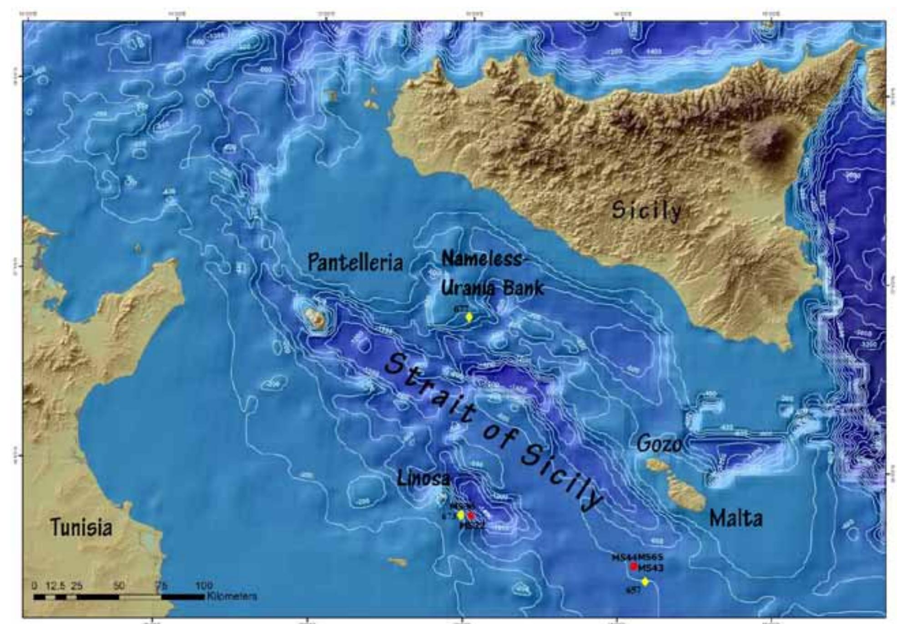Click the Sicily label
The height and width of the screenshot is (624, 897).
tap(646, 210)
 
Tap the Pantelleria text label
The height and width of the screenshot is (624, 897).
tap(355, 263)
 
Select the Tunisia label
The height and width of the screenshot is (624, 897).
tap(81, 527)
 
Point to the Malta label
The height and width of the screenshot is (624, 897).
tap(736, 518)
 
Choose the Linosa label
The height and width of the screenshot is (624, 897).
tap(423, 478)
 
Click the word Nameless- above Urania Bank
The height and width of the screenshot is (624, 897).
tap(481, 260)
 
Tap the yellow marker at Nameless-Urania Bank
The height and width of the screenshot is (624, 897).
tap(469, 317)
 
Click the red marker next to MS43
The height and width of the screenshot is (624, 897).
tap(634, 567)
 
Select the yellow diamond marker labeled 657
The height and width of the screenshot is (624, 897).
tap(645, 582)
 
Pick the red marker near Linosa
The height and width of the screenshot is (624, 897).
tap(471, 516)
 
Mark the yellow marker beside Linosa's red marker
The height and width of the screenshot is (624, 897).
tap(460, 515)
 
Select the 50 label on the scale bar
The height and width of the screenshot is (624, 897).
tap(119, 586)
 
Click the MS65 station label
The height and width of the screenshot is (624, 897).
tap(650, 557)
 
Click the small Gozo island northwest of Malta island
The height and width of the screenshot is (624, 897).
tap(657, 465)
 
